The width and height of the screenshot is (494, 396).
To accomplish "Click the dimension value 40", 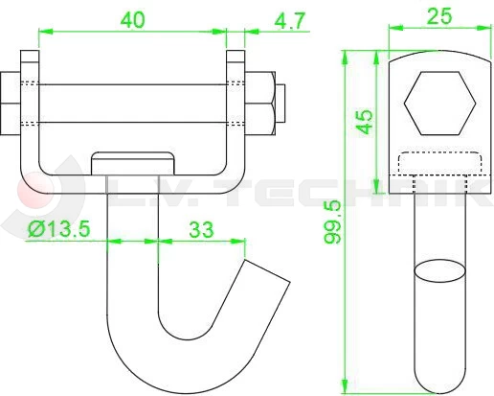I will (x=132, y=19).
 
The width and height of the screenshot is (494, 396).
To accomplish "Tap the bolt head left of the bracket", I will (x=11, y=101).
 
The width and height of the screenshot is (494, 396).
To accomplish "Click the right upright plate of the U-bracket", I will (x=233, y=115).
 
